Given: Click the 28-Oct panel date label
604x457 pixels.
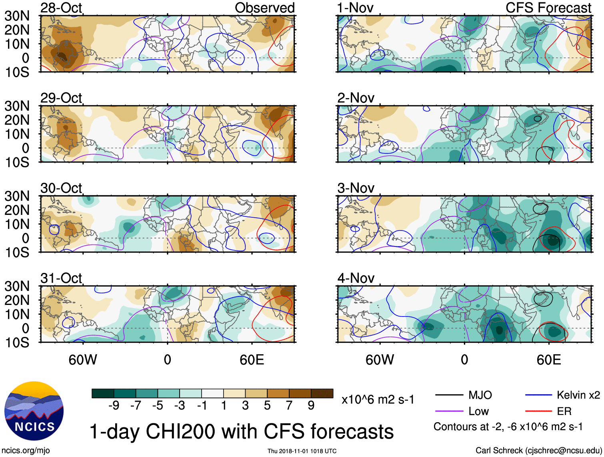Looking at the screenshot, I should pos(61,8).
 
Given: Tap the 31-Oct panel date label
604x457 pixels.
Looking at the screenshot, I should pos(61,278).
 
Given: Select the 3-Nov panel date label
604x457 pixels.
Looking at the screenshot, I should pos(356,188).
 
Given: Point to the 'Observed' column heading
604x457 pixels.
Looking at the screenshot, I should pos(264,8).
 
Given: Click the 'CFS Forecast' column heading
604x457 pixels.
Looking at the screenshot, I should pos(548,8).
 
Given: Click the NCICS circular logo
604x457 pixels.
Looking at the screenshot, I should pos(34,411).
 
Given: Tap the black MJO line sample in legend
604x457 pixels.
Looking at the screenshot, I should pos(449,395).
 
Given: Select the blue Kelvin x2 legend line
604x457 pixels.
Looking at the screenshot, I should pos(538,395).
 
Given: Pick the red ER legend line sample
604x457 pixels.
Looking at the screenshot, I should pos(538,411).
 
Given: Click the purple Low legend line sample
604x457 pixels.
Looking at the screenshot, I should pos(449,411).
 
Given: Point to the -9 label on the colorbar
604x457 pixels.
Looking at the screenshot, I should pos(114,405).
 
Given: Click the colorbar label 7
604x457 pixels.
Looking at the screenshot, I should pos(289,405).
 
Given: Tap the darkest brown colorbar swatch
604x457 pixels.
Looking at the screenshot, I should pos(322,393).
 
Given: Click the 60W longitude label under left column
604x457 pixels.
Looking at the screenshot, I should pos(83,360).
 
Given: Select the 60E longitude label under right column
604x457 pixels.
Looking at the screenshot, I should pos(548,360).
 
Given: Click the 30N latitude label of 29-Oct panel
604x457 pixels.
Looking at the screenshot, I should pos(17,106).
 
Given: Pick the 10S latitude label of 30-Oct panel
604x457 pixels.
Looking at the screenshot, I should pos(17,252).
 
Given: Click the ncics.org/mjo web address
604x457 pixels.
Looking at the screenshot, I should pos(26,451).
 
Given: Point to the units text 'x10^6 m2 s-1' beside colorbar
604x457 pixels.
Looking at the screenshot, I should pos(378,399).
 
